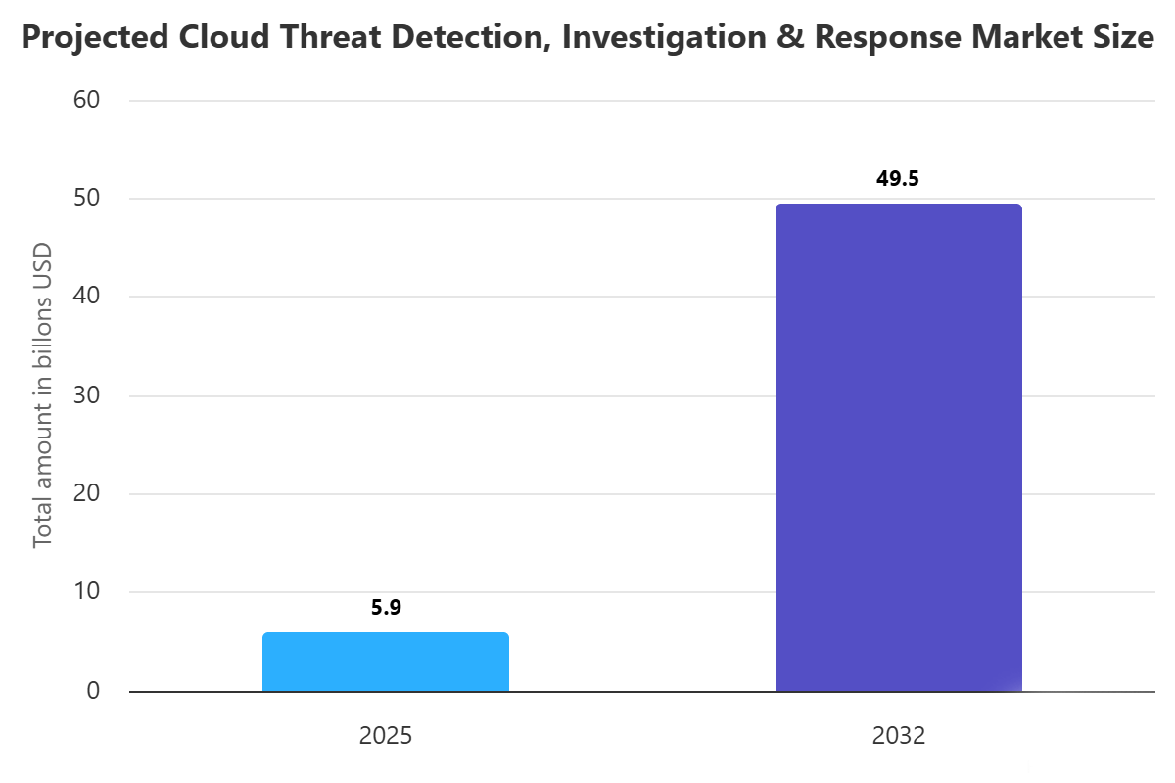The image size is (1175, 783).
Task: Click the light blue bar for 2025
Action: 386,663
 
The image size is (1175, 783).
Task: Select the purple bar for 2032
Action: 898,447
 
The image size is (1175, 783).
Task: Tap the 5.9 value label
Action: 386,607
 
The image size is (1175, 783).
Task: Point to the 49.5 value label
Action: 898,179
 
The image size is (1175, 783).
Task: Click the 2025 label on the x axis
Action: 386,736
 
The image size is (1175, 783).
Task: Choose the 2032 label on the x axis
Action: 898,736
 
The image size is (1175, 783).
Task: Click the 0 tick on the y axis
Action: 93,691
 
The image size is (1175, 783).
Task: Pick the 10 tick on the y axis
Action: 87,592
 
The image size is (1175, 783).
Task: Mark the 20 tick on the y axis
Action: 87,493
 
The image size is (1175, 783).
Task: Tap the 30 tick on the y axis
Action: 87,395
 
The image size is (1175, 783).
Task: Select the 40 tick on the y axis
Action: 87,297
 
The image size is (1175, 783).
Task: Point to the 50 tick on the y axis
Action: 87,199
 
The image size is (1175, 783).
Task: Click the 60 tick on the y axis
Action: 87,100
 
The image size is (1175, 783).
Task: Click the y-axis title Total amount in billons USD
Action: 42,395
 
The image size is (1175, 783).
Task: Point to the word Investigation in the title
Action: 654,39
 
